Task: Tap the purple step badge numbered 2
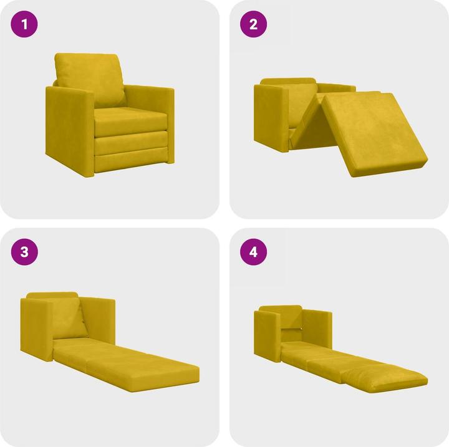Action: tap(253, 25)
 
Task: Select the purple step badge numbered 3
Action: tap(25, 252)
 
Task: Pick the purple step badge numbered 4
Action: tap(253, 252)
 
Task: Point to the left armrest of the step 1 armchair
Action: tap(69, 128)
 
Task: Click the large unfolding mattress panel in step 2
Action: tap(374, 131)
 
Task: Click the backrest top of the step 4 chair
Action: tap(281, 309)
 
